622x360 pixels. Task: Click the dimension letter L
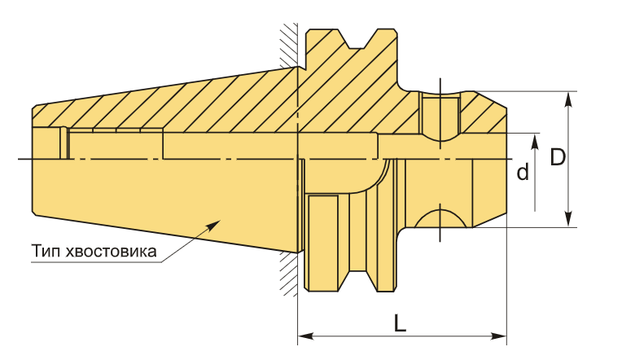(401, 323)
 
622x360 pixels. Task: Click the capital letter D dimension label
(558, 157)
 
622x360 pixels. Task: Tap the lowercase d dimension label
(523, 172)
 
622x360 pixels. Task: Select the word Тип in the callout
(46, 251)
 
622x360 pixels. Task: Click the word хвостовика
(111, 251)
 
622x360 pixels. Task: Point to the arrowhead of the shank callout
(213, 223)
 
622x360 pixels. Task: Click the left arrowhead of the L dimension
(306, 336)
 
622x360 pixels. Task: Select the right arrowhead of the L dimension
(498, 336)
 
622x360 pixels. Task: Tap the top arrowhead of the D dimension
(568, 99)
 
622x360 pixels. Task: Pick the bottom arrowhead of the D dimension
(568, 219)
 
